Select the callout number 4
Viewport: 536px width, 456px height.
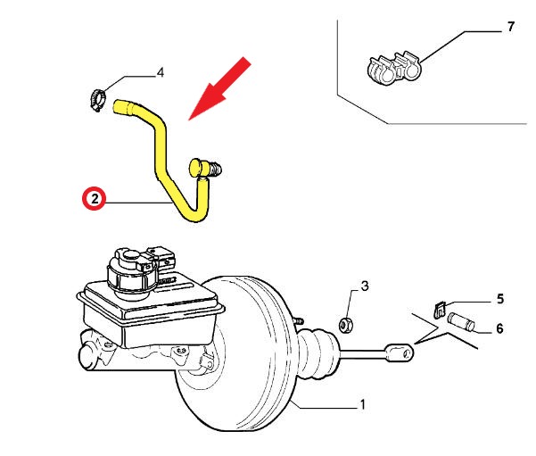[161, 73]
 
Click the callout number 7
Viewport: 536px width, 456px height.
[510, 28]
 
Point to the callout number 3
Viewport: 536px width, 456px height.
[365, 286]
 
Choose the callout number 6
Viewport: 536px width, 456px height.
[499, 328]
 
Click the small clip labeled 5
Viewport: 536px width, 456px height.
[438, 309]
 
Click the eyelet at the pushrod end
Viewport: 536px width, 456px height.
[400, 352]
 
